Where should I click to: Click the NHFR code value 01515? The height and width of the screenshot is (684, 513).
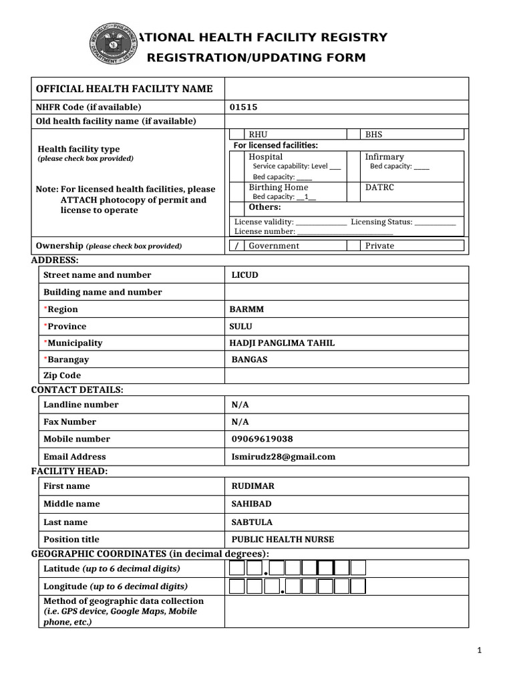tap(243, 107)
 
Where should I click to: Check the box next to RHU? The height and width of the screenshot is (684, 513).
tap(236, 134)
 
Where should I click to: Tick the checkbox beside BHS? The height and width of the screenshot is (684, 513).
tap(353, 134)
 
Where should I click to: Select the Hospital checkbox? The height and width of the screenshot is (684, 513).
tap(236, 166)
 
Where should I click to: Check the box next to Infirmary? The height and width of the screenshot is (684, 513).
tap(353, 166)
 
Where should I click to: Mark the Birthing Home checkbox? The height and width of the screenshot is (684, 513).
tap(236, 192)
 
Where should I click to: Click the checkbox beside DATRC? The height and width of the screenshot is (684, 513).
tap(353, 192)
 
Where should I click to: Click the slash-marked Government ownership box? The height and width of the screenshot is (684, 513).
tap(236, 246)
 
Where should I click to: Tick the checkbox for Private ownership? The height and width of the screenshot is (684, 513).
tap(353, 246)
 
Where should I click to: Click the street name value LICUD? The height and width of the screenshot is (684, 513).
tap(244, 275)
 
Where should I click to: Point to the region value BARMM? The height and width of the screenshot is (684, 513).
tap(246, 309)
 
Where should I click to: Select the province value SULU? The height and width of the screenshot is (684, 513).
tap(241, 327)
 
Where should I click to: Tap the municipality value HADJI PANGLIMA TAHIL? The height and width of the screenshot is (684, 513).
tap(282, 343)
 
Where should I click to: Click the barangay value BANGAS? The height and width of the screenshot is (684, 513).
tap(249, 359)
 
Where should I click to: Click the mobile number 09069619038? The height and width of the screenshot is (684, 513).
tap(261, 440)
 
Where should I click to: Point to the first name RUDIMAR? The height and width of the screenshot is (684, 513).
tap(252, 486)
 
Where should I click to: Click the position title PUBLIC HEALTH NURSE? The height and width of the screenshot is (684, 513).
tap(283, 540)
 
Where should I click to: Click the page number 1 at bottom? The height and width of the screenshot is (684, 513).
tap(479, 650)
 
